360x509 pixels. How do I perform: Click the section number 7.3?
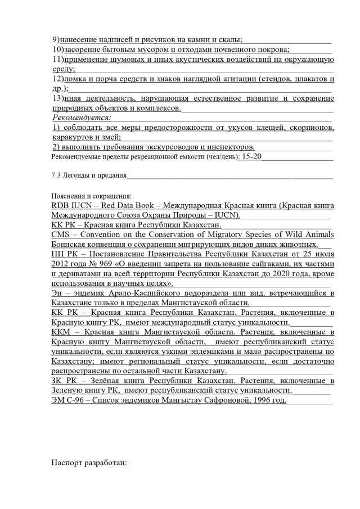56,176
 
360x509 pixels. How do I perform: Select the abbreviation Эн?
57,294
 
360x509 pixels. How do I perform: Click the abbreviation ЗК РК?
62,381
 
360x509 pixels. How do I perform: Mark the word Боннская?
70,245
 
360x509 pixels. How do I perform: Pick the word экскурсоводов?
161,147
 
